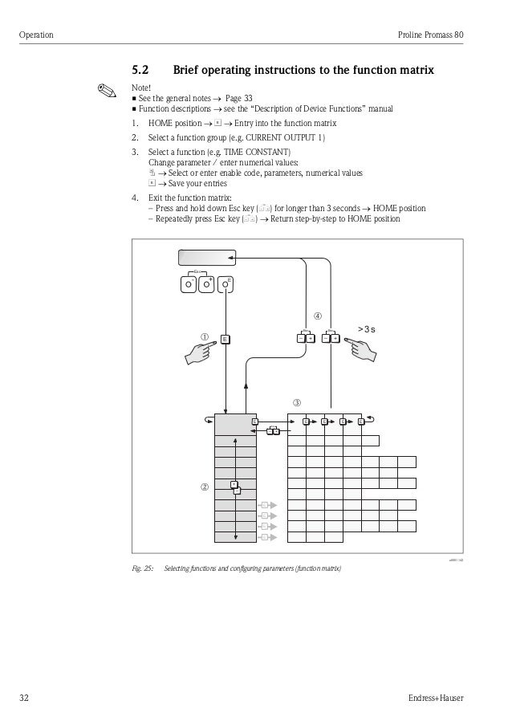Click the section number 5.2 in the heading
pyautogui.click(x=141, y=71)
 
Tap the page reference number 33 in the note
pyautogui.click(x=248, y=98)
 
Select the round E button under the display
pyautogui.click(x=228, y=284)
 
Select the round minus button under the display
pyautogui.click(x=187, y=284)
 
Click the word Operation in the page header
pyautogui.click(x=35, y=35)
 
